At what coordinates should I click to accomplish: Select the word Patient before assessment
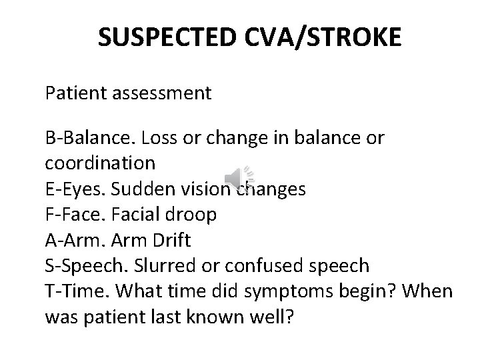[x=73, y=93]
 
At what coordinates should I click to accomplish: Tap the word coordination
[x=100, y=163]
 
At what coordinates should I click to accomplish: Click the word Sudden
[x=139, y=189]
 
